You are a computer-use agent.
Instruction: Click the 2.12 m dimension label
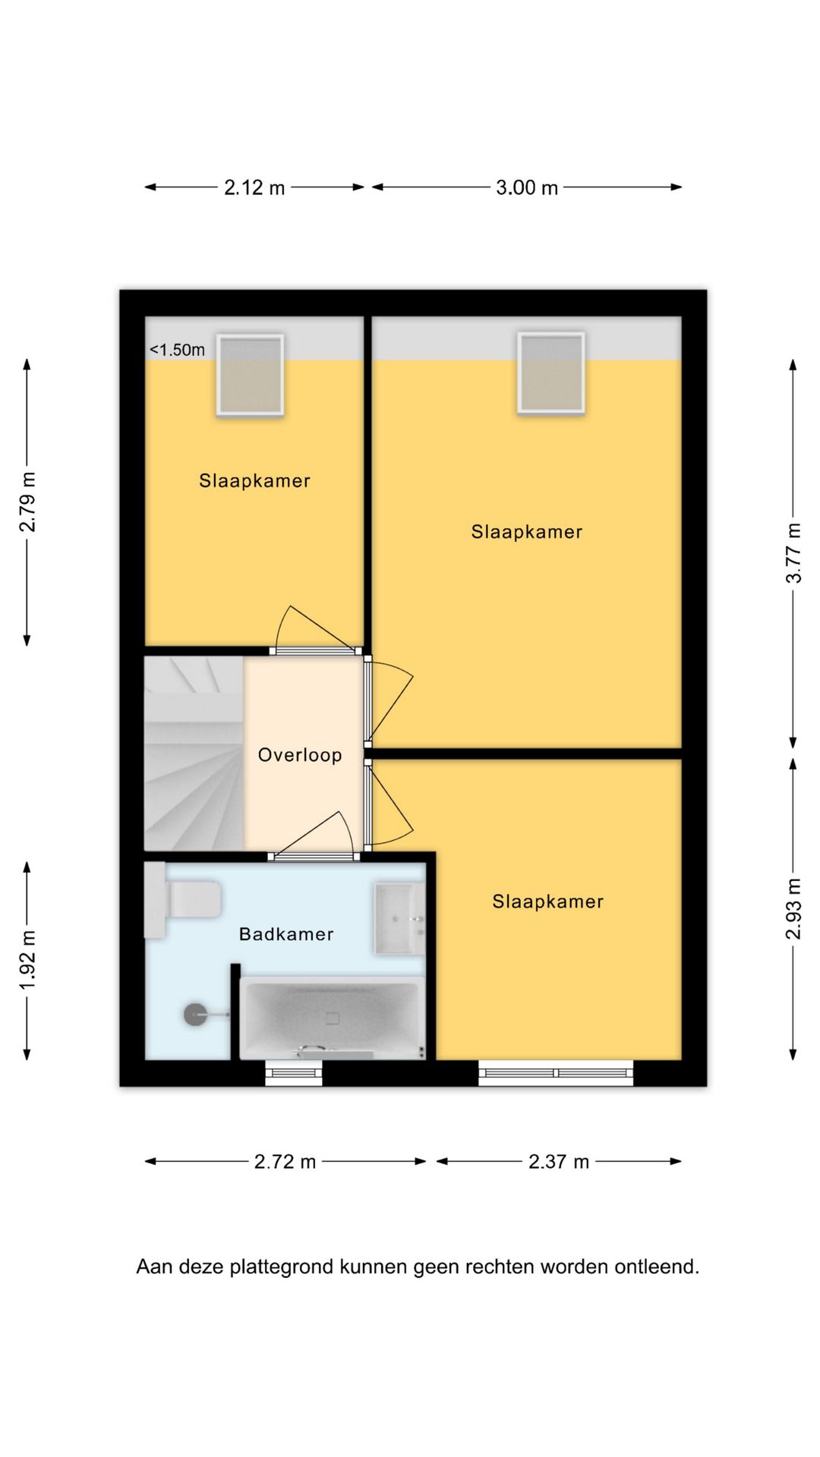tap(254, 187)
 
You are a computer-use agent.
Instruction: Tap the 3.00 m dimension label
tap(527, 187)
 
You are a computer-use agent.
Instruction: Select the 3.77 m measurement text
tap(793, 553)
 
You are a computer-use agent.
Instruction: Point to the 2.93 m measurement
tap(793, 909)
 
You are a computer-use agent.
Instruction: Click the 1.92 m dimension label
tap(27, 960)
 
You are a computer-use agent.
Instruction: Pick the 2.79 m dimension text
tap(27, 502)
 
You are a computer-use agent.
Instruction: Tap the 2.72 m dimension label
tap(285, 1162)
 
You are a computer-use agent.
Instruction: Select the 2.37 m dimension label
tap(559, 1162)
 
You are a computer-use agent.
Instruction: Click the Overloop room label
tap(300, 755)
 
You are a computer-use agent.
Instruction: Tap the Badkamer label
tap(286, 934)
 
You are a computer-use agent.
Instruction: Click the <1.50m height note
tap(177, 350)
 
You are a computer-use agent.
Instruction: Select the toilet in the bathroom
tap(183, 899)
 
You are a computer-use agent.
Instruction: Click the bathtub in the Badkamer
tap(333, 1018)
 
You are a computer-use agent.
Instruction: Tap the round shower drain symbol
tap(195, 1015)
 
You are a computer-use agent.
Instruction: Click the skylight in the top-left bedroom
tap(250, 375)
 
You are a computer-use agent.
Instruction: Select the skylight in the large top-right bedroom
tap(551, 373)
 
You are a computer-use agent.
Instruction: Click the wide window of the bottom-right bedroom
tap(556, 1073)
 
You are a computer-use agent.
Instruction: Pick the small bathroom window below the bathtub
tap(294, 1073)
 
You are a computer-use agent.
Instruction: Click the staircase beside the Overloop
tap(194, 754)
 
